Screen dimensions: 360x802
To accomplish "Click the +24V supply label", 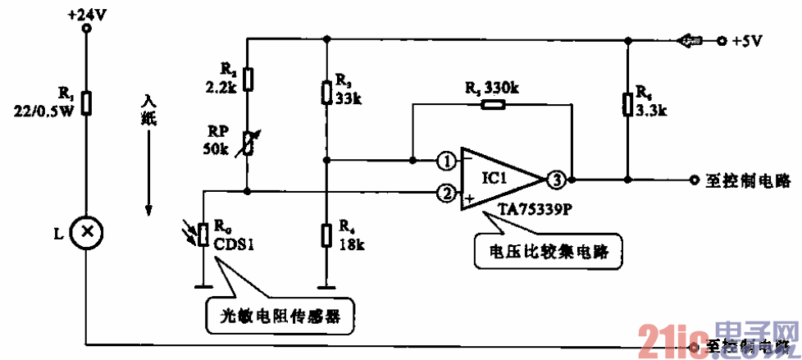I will pos(86,14).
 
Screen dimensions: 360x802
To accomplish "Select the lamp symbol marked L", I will pos(85,233).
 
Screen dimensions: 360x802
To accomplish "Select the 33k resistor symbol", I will pos(327,92).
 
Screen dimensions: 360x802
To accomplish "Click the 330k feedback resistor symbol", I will pos(492,104).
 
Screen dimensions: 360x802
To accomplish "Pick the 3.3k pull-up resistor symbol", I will pos(627,103).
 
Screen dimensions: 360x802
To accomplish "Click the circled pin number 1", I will pos(444,161).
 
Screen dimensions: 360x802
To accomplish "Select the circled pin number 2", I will pos(444,194).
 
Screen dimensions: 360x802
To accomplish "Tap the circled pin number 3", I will pos(556,179).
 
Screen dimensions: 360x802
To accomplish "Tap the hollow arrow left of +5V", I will pos(687,39).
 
